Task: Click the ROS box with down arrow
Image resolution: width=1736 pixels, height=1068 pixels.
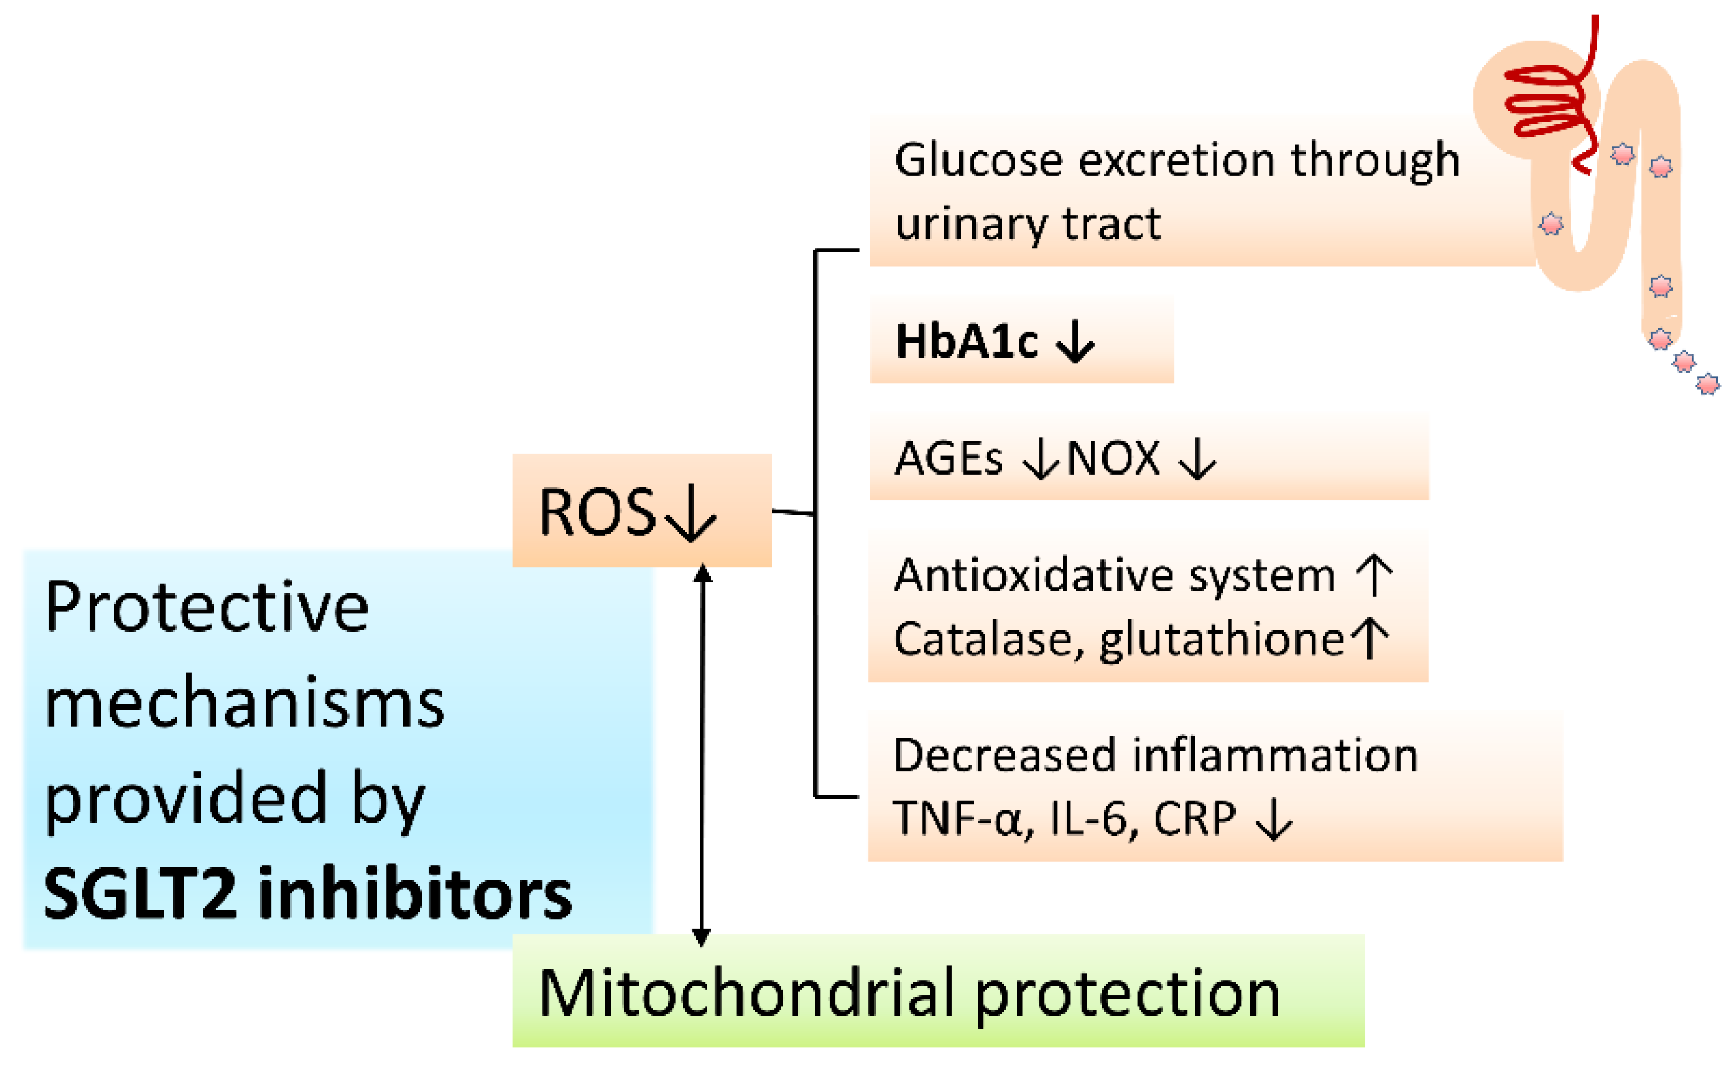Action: point(641,511)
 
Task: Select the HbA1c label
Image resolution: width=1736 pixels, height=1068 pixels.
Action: point(966,342)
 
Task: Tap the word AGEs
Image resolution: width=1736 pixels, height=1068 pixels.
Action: point(948,458)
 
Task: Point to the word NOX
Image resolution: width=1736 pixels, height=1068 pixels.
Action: point(1113,458)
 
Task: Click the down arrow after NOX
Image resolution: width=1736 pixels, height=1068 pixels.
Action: point(1197,460)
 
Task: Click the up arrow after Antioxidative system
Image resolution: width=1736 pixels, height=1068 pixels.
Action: point(1374,575)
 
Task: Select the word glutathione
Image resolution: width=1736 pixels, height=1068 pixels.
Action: point(1221,640)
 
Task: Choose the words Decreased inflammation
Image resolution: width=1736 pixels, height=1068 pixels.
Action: point(1155,755)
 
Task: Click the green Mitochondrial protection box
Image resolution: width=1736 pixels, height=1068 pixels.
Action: point(938,991)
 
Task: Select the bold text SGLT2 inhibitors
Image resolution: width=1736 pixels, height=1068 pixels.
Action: point(307,894)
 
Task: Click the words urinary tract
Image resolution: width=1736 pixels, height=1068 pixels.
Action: point(1028,224)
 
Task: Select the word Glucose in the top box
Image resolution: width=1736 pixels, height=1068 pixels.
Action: point(978,160)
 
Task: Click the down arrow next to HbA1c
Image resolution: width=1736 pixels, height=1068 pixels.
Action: point(1074,342)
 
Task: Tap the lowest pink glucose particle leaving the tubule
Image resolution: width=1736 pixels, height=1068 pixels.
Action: point(1707,384)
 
